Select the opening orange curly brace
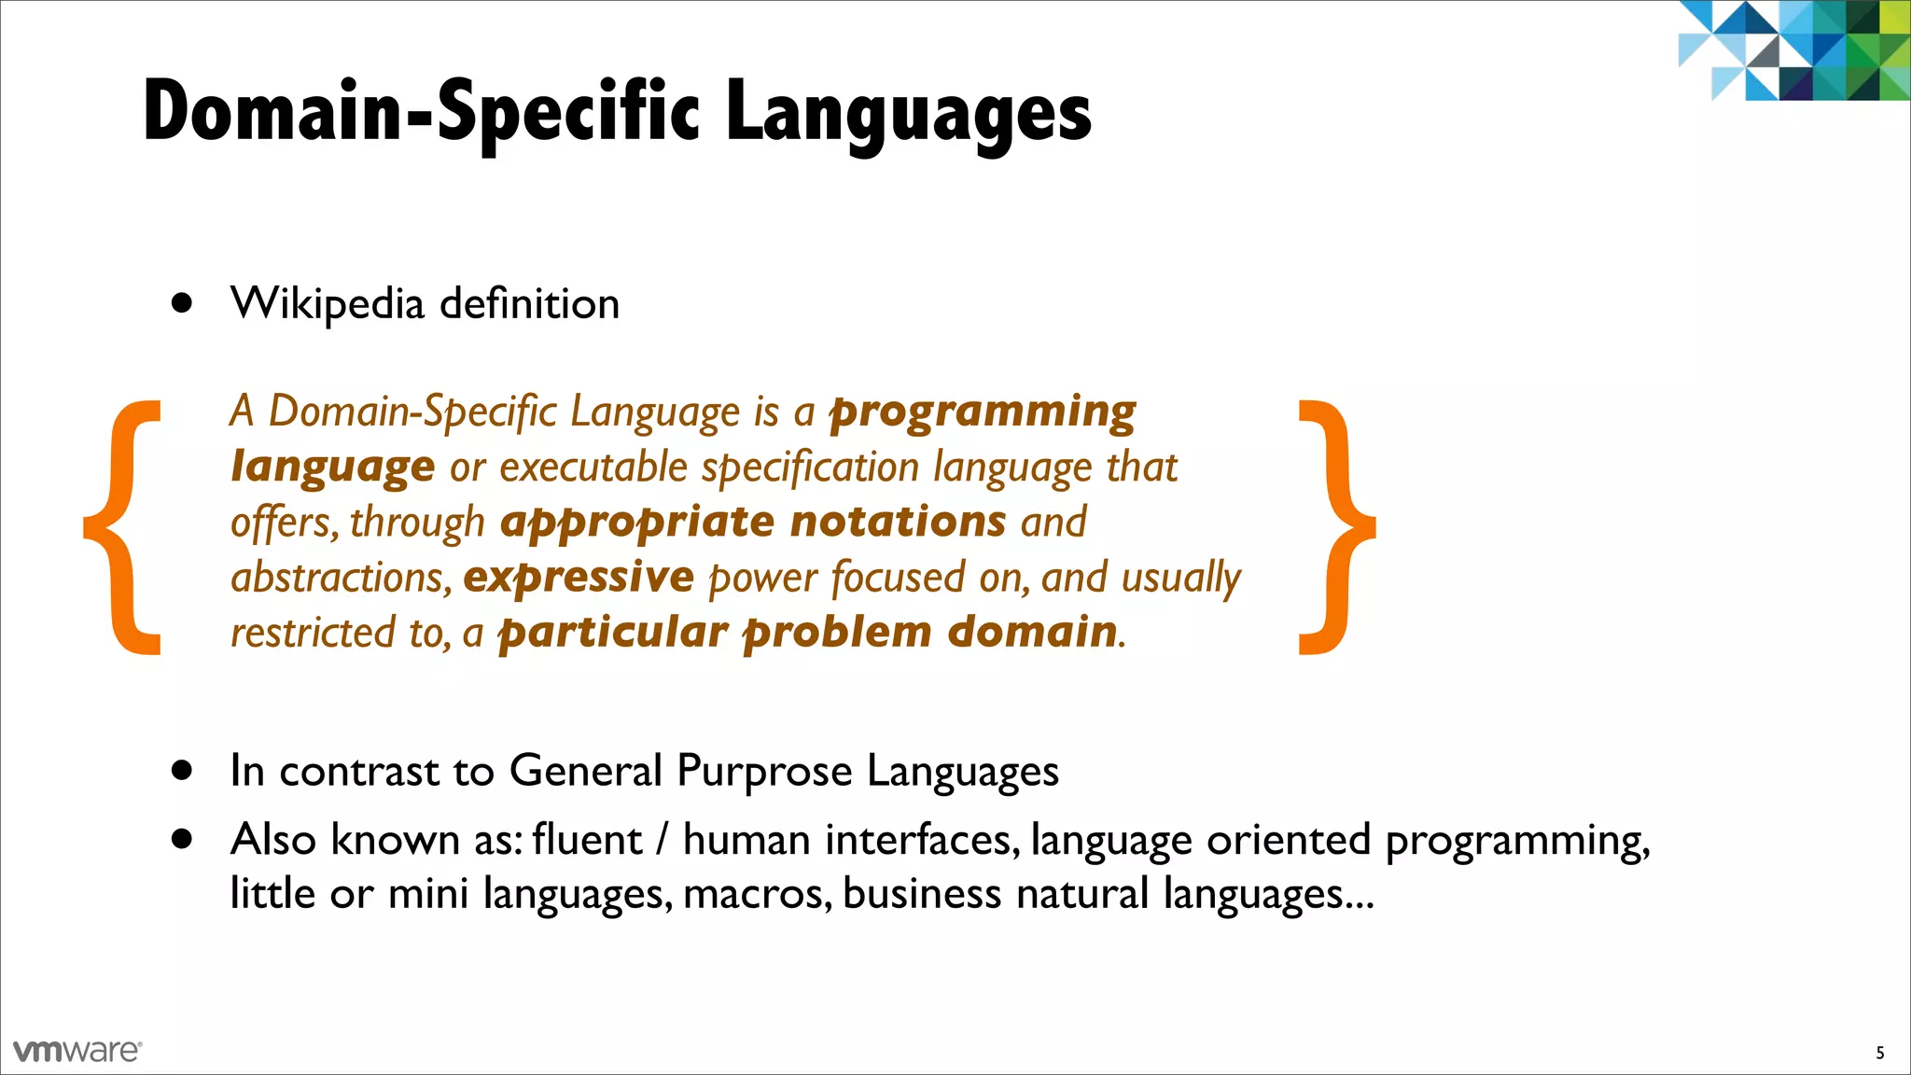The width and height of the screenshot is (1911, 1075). (122, 528)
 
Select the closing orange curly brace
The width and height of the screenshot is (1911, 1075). (1336, 528)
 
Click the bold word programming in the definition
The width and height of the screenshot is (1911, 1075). (983, 412)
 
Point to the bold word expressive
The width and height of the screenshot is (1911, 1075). (579, 578)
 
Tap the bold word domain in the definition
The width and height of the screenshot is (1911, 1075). (1032, 633)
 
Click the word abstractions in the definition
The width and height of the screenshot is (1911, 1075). (341, 578)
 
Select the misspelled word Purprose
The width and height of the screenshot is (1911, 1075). (764, 773)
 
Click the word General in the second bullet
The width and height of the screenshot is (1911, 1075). (585, 772)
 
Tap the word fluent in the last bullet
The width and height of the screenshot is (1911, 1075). (587, 840)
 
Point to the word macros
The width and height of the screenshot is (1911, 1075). (757, 894)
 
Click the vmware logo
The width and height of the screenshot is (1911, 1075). (77, 1051)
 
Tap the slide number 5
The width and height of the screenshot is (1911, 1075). (1880, 1053)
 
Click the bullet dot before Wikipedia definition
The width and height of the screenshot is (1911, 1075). (182, 303)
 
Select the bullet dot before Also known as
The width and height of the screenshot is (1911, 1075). (182, 839)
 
